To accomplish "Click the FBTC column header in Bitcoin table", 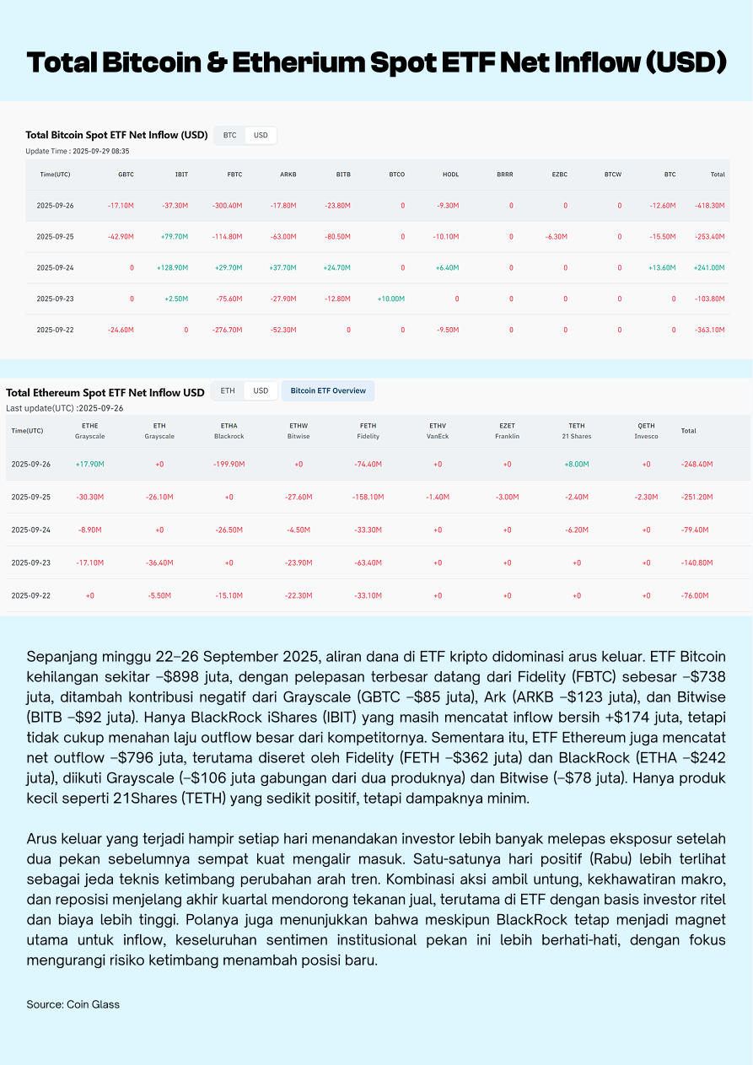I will pos(234,175).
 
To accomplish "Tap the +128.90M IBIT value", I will pos(174,267).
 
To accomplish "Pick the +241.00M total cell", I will pos(709,267).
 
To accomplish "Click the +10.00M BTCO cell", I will pos(391,299).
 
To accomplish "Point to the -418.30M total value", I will pos(709,205).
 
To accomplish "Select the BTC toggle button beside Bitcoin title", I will pos(229,135).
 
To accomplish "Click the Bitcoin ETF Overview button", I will pos(328,390).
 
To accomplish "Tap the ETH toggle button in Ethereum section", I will pos(228,390).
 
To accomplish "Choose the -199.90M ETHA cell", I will pos(229,464).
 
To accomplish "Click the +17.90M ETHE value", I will pos(89,464).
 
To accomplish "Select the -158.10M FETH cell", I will pos(368,497).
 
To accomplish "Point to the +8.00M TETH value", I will pos(577,464).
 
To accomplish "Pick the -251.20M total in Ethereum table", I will pos(697,497).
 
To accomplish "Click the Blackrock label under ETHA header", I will pos(229,437).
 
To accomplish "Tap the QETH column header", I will pos(646,426).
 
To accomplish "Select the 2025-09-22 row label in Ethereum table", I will pos(30,595).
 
